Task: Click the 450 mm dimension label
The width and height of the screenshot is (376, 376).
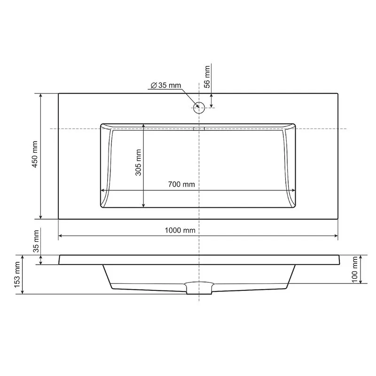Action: coord(35,154)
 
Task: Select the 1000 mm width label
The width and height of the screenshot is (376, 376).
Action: coord(180,230)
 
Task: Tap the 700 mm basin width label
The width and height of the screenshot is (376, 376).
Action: coord(181,184)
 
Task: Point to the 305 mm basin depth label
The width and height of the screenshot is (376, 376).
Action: coord(138,162)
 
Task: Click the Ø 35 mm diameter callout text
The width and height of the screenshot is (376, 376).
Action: coord(166,85)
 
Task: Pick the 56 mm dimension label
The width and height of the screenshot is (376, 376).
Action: coord(207,77)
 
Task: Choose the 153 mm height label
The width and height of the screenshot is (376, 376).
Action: coord(17,274)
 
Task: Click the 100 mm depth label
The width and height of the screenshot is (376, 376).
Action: coord(355,269)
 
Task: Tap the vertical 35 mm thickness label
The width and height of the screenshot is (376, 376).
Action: coord(36,241)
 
